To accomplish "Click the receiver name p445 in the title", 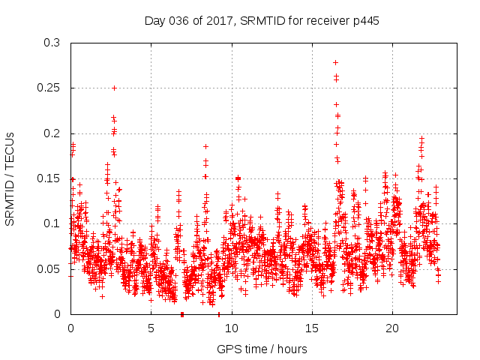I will click(365, 21).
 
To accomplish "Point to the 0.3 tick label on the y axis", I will click(52, 43).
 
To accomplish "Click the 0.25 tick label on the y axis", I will click(49, 88).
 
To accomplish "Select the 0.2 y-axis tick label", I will click(52, 133).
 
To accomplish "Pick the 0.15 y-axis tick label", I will click(49, 178).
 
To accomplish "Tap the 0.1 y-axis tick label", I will click(52, 223).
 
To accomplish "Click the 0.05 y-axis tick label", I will click(49, 268).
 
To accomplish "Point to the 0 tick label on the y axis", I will click(58, 313).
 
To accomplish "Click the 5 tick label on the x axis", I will click(151, 328).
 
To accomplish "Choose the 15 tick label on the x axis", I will click(311, 328).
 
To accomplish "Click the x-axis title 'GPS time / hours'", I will click(262, 349).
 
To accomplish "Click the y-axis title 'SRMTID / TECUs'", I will click(10, 178).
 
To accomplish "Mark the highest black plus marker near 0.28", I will click(335, 62).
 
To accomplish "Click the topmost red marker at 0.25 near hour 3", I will click(114, 88).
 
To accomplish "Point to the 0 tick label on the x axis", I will click(70, 328).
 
